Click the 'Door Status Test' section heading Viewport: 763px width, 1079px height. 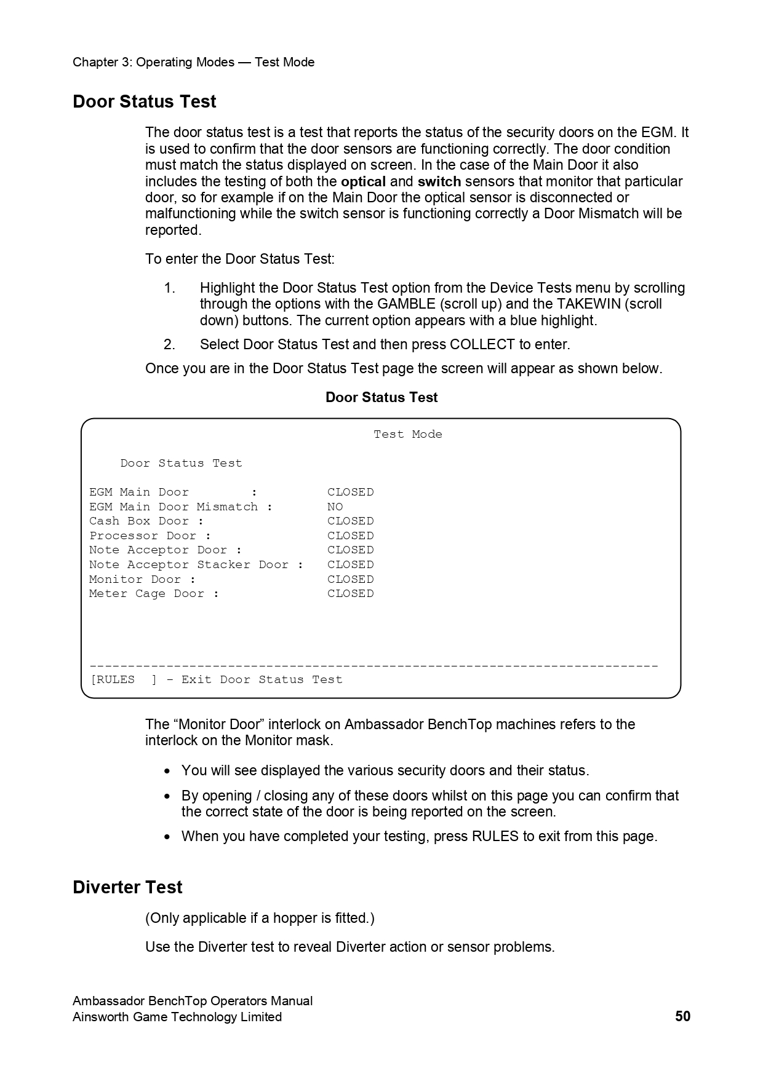144,101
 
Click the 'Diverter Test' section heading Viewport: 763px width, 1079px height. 127,887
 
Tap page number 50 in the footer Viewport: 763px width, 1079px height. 682,1016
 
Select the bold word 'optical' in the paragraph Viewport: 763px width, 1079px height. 363,181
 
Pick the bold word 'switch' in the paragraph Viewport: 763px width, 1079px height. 439,181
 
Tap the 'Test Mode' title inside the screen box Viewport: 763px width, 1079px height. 408,434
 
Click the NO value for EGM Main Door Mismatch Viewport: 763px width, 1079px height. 335,507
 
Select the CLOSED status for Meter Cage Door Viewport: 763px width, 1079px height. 351,593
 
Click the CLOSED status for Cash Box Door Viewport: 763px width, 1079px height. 351,521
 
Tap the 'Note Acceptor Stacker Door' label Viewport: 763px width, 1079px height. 189,564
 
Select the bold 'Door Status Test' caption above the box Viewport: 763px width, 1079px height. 381,397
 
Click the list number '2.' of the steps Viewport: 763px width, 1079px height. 169,344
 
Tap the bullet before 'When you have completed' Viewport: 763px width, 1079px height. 167,837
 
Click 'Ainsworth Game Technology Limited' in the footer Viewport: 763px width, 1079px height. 177,1017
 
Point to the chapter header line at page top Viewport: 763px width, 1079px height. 193,62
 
